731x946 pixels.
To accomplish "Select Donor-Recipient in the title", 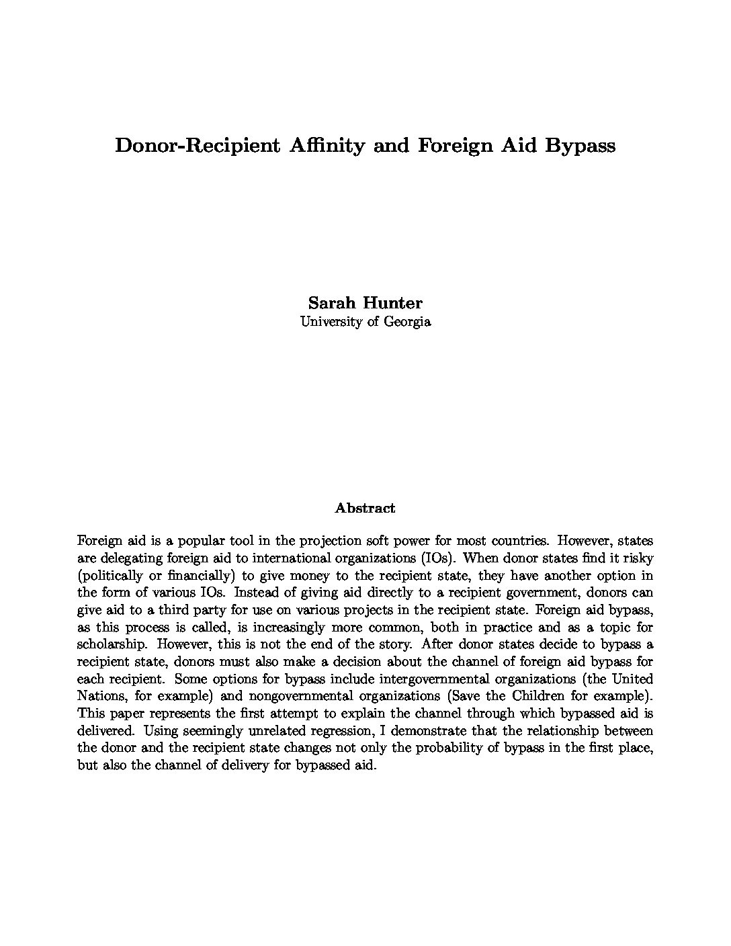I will click(x=197, y=145).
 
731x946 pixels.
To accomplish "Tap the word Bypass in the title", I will click(x=580, y=145).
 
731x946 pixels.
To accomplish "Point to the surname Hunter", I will click(x=392, y=303).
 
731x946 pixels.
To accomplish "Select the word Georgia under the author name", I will click(x=406, y=321).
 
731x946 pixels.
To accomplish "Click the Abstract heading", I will click(x=365, y=508).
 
